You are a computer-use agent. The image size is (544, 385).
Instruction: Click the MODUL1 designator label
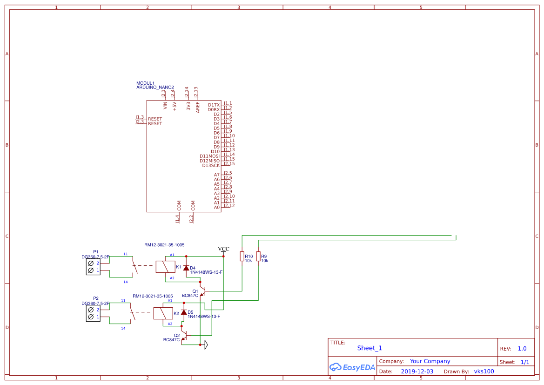(x=145, y=83)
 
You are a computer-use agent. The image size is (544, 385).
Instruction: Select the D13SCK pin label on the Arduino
(x=211, y=166)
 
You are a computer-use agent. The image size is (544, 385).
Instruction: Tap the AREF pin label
(x=198, y=107)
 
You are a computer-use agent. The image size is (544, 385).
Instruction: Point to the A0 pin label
(x=216, y=208)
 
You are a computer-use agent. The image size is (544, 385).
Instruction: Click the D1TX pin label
(x=214, y=105)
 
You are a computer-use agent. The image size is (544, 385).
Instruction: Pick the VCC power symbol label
(x=223, y=249)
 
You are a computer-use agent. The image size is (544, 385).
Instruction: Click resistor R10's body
(x=242, y=257)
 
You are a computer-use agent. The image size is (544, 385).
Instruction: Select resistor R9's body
(x=258, y=257)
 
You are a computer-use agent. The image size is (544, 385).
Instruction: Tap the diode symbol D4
(x=186, y=268)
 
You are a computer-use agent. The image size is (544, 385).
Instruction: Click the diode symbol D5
(x=184, y=312)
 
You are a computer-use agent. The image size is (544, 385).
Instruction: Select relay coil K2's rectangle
(x=162, y=313)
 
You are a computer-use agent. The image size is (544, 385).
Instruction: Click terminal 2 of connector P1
(x=91, y=263)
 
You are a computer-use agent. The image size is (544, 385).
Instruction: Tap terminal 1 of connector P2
(x=91, y=317)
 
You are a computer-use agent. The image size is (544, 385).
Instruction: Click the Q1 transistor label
(x=195, y=291)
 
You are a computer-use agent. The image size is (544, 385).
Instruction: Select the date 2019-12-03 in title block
(x=417, y=371)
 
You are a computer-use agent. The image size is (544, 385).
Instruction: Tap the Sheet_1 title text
(x=369, y=348)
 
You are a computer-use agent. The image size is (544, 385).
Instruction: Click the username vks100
(x=484, y=371)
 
